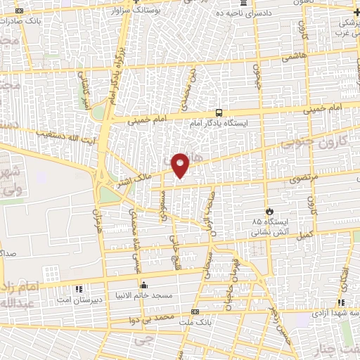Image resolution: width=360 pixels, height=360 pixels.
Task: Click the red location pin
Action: (x=181, y=165)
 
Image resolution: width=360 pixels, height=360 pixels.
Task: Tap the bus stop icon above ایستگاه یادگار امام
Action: (x=219, y=112)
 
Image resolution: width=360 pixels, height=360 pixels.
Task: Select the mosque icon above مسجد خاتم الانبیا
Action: (x=143, y=285)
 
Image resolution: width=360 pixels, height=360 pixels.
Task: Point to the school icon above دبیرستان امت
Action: (x=78, y=288)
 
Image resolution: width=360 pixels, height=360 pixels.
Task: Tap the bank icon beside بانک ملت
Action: (x=195, y=311)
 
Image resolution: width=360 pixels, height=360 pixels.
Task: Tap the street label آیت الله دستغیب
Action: (x=59, y=134)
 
